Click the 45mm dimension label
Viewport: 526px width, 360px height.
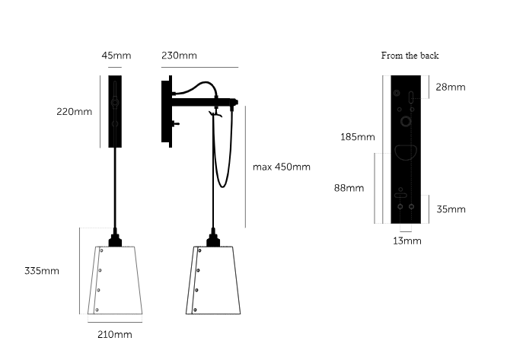tap(116, 56)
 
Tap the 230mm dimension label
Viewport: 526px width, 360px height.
tap(179, 56)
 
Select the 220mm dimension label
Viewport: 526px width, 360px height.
tap(74, 111)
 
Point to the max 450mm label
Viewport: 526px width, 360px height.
tap(282, 167)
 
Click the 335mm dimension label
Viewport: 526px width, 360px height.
tap(42, 271)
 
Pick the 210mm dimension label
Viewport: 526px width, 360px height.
tap(115, 334)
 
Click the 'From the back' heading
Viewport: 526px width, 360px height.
tap(410, 56)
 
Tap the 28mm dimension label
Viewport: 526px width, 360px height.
tap(451, 88)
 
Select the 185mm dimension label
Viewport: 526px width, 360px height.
tap(358, 137)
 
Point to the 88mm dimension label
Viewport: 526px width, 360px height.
tap(349, 188)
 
